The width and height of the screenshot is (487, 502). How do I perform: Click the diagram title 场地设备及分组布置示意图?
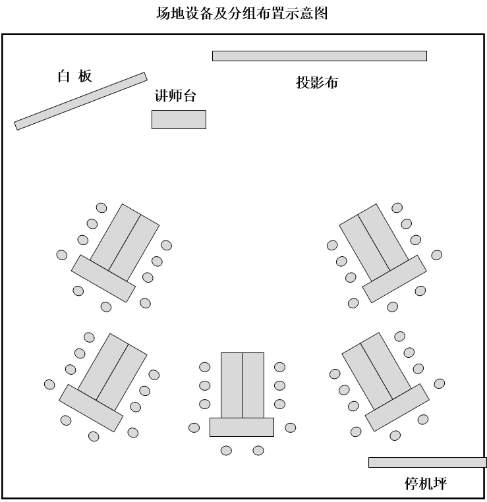pos(242,13)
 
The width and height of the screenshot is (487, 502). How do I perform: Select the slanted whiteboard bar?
pos(80,101)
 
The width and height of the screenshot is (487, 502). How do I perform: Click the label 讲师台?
pos(175,96)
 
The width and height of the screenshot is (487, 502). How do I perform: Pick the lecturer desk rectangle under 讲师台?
pos(179,119)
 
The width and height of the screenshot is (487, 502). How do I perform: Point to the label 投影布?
pos(317,82)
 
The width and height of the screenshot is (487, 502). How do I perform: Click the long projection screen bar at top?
pos(319,56)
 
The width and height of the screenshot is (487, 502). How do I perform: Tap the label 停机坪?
pos(425,484)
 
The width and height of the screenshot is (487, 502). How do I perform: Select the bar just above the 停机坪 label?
pos(427,462)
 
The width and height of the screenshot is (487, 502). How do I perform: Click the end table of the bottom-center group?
pos(241,427)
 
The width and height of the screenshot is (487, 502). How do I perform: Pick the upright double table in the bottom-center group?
pos(242,385)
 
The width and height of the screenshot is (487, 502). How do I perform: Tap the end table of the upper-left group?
pos(103,278)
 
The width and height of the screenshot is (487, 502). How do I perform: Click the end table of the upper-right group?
pos(395,279)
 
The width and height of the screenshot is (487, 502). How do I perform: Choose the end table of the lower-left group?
pos(91,408)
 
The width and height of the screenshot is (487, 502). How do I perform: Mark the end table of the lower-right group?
pos(397,408)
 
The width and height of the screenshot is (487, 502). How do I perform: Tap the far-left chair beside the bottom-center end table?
pos(194,428)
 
